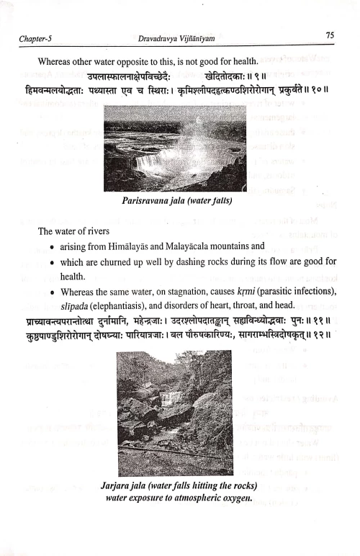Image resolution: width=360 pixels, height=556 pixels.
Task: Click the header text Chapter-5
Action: [x=37, y=36]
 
